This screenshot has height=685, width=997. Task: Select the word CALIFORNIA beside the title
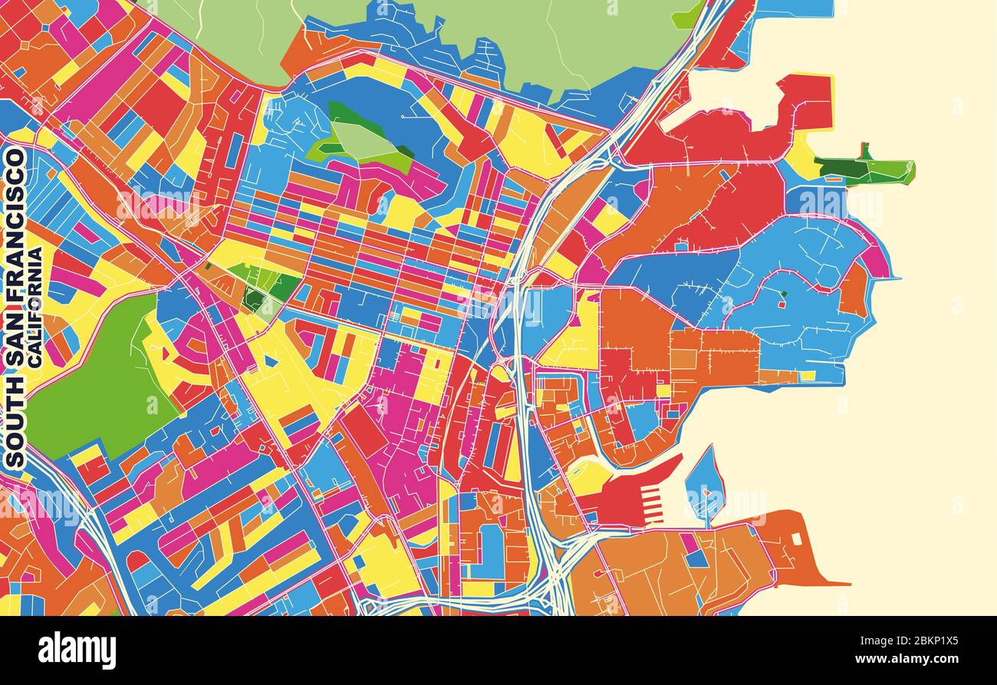[35, 307]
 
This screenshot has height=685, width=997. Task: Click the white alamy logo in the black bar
[77, 650]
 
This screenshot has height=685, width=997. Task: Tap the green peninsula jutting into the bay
[867, 170]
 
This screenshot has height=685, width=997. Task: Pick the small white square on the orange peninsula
[796, 538]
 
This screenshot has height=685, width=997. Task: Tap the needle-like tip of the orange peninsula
[844, 584]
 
